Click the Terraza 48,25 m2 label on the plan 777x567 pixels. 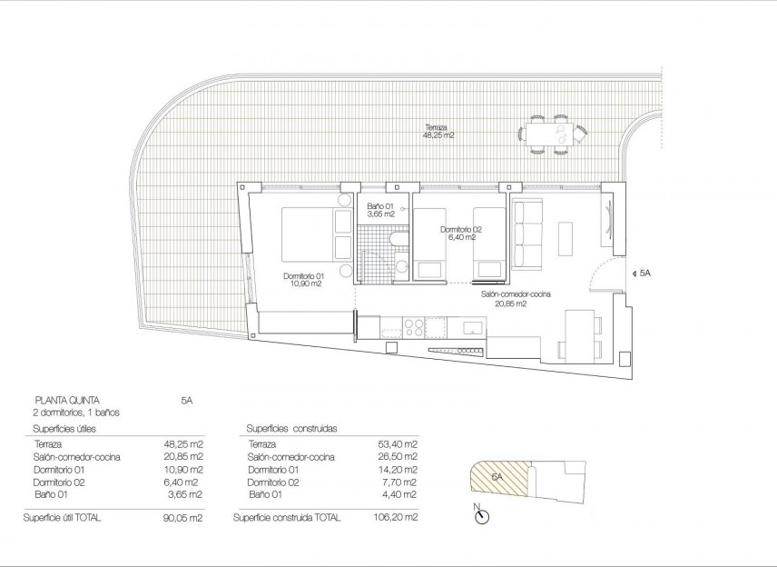coord(438,131)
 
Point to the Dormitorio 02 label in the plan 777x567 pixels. coord(460,234)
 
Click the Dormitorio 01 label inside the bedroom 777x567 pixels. coord(302,280)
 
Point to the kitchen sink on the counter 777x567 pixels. coord(471,326)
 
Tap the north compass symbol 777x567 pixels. coord(480,516)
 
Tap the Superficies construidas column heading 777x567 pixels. coord(294,428)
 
